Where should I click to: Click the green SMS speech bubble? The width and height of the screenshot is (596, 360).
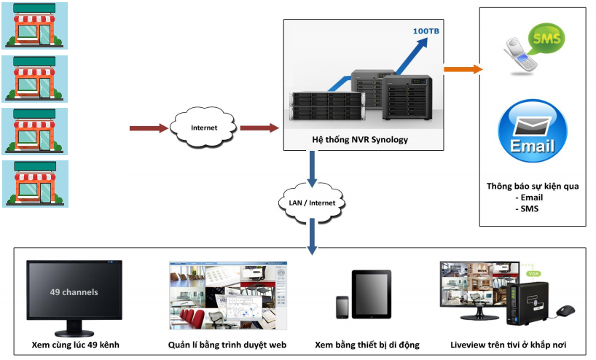tap(546, 39)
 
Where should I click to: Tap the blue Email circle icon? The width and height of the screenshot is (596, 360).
tap(533, 131)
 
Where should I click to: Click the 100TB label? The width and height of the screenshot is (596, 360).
tap(426, 31)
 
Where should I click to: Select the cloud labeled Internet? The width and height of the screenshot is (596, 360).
tap(203, 128)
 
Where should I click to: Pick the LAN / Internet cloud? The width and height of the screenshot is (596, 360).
tap(312, 203)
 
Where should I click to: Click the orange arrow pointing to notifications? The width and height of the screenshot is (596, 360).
tap(463, 69)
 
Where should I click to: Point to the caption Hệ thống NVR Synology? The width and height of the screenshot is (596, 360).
tap(360, 139)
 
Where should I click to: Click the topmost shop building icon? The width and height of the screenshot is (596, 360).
tap(34, 26)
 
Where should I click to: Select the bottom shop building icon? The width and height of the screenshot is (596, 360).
tap(36, 184)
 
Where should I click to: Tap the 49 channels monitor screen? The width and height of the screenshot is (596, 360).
tap(74, 291)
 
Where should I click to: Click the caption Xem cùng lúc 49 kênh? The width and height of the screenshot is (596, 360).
tap(75, 345)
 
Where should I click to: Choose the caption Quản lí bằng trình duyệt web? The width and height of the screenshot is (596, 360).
tap(227, 345)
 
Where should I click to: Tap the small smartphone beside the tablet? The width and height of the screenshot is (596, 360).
tap(342, 307)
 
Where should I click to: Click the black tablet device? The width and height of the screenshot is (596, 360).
tap(372, 294)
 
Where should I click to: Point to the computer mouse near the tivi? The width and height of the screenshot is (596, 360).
tap(565, 311)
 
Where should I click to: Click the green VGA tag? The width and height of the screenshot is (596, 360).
tap(533, 273)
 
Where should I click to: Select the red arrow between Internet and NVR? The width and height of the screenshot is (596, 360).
tap(259, 128)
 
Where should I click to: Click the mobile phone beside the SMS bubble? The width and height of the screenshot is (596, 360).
tap(520, 55)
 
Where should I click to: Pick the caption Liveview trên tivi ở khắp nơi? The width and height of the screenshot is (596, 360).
tap(508, 345)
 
